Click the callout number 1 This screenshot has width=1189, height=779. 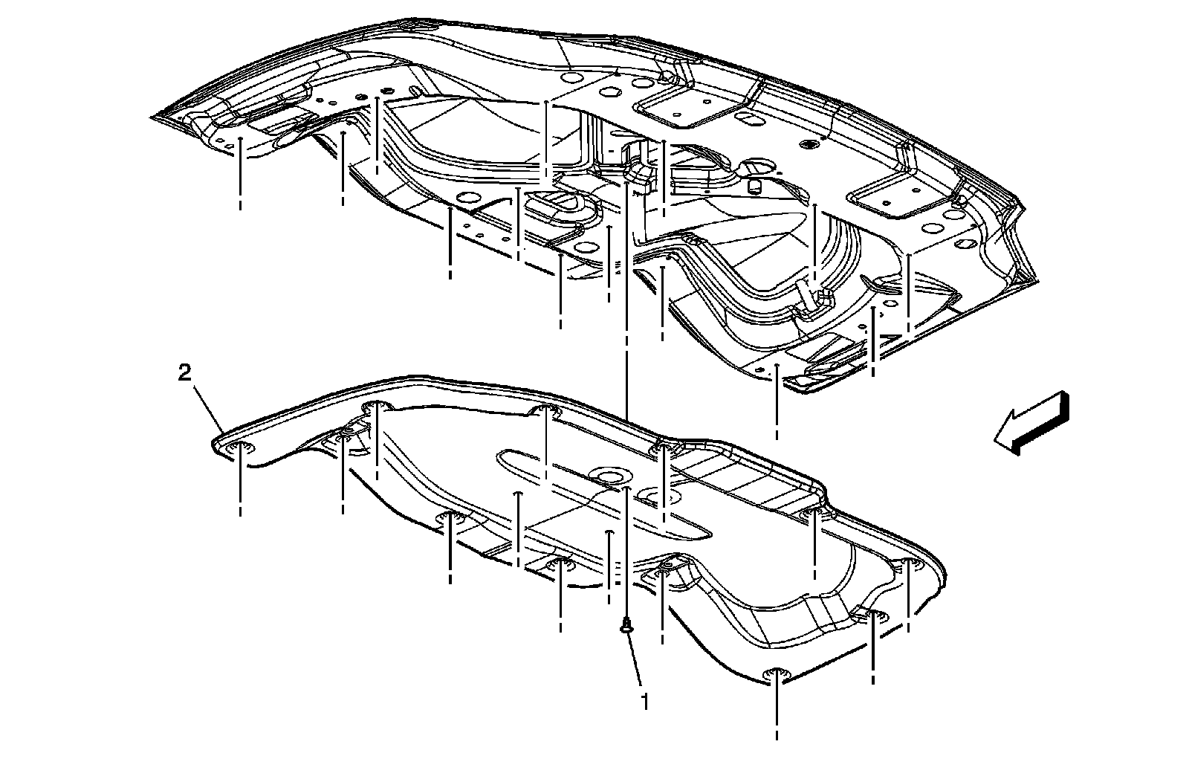click(644, 701)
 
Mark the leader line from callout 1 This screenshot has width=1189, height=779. click(636, 662)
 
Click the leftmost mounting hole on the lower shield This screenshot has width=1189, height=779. click(240, 447)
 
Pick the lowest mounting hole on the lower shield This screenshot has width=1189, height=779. click(776, 674)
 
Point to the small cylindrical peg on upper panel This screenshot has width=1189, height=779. click(754, 184)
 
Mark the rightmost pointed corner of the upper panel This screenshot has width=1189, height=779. click(1037, 281)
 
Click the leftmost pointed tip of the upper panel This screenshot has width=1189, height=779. click(152, 117)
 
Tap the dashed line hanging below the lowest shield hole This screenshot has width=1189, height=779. click(777, 714)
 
